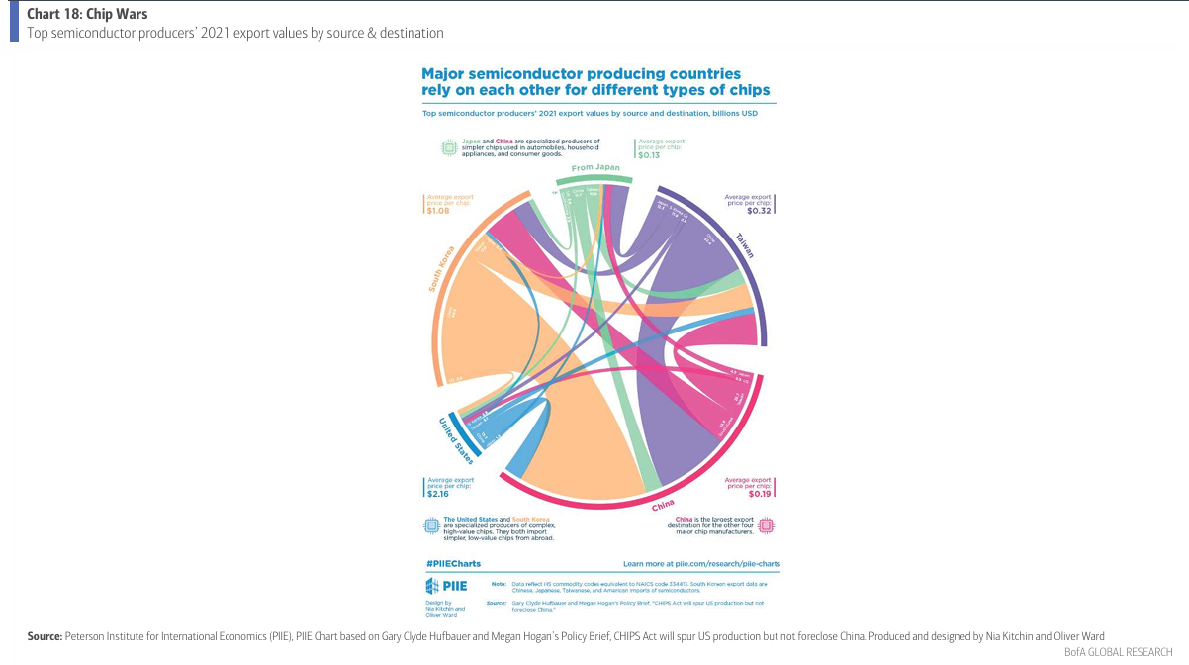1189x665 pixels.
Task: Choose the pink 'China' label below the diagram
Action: pos(664,506)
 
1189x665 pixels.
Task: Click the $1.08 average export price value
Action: pos(437,211)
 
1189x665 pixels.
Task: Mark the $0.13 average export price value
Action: pos(650,155)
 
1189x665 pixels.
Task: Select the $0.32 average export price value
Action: pos(760,211)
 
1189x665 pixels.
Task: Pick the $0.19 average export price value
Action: pos(760,493)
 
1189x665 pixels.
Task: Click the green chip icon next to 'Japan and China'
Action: pos(448,147)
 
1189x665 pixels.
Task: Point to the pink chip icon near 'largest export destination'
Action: pos(767,525)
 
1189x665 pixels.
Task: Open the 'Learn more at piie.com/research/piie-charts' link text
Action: pos(701,563)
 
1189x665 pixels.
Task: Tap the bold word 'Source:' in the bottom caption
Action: pos(46,634)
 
